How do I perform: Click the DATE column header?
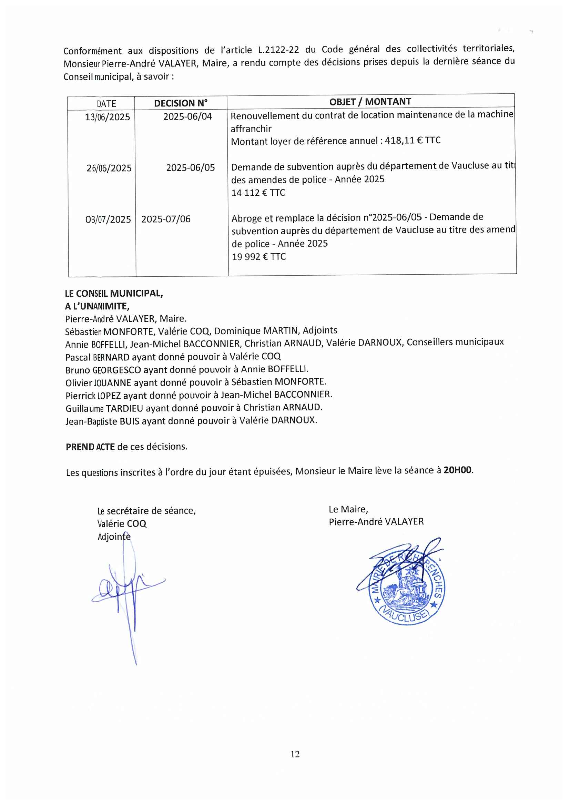pyautogui.click(x=106, y=104)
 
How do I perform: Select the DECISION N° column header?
pyautogui.click(x=181, y=103)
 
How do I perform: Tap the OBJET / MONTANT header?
pyautogui.click(x=370, y=102)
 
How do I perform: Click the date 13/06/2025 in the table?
pyautogui.click(x=108, y=117)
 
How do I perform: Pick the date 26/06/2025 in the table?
pyautogui.click(x=109, y=168)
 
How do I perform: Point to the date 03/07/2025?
pyautogui.click(x=108, y=220)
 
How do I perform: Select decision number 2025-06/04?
pyautogui.click(x=188, y=116)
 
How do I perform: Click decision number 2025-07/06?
pyautogui.click(x=166, y=219)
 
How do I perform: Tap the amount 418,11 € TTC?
pyautogui.click(x=413, y=140)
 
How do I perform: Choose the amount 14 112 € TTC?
pyautogui.click(x=258, y=193)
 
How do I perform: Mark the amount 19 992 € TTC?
pyautogui.click(x=259, y=257)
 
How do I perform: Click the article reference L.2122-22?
pyautogui.click(x=278, y=50)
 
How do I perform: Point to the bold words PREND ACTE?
pyautogui.click(x=90, y=447)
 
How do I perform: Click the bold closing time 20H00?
pyautogui.click(x=458, y=470)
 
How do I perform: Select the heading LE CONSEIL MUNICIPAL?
pyautogui.click(x=114, y=294)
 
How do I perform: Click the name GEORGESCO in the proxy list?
pyautogui.click(x=116, y=370)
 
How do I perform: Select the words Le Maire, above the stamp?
pyautogui.click(x=348, y=509)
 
